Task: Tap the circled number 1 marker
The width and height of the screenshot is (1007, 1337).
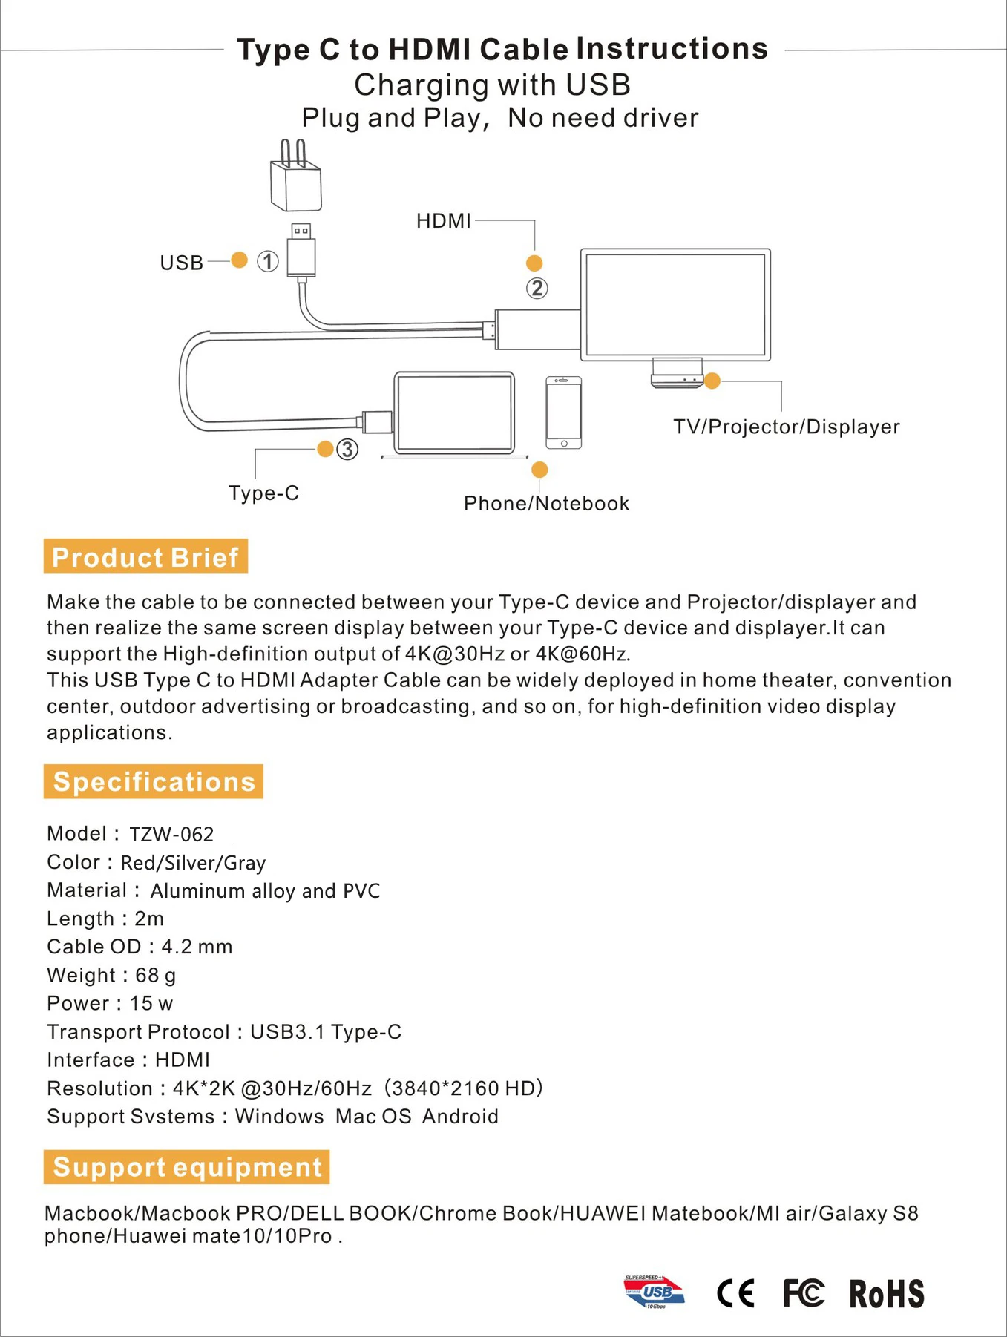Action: click(x=268, y=261)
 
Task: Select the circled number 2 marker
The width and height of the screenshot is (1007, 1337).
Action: click(x=537, y=288)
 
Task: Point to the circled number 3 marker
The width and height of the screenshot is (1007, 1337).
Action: click(x=347, y=449)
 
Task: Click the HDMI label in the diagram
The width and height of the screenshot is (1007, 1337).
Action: click(x=443, y=221)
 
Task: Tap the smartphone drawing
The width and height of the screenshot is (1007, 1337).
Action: click(x=564, y=413)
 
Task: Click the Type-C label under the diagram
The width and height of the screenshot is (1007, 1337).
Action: click(x=263, y=493)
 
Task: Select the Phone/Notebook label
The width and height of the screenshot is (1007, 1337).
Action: click(x=546, y=504)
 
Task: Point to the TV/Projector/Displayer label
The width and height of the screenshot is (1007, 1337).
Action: click(x=786, y=427)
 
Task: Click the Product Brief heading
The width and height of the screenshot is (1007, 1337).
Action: click(x=145, y=556)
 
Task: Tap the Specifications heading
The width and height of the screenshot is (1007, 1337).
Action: click(x=154, y=781)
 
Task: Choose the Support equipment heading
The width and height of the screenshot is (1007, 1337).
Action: click(x=187, y=1167)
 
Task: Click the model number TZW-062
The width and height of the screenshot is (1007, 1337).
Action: click(x=171, y=835)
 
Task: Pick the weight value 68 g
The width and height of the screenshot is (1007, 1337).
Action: click(x=155, y=975)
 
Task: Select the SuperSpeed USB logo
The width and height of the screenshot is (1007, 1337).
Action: click(x=654, y=1292)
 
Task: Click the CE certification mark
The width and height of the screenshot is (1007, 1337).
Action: click(x=735, y=1293)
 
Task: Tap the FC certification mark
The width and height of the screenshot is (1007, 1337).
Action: click(x=804, y=1293)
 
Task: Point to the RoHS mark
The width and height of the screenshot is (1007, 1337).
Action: click(x=887, y=1294)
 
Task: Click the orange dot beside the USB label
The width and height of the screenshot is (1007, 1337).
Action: click(x=239, y=260)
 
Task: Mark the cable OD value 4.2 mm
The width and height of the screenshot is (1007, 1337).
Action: click(x=197, y=947)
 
